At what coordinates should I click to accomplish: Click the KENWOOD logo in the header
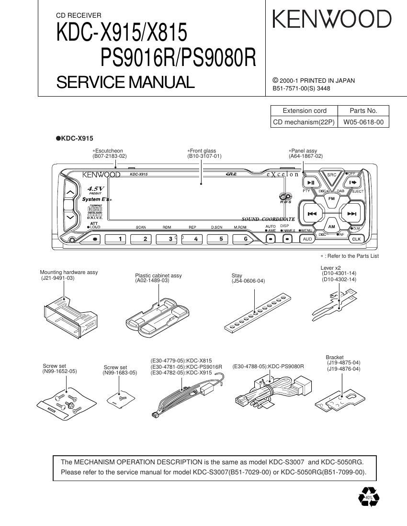[x=332, y=20]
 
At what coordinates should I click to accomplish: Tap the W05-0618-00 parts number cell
[x=363, y=122]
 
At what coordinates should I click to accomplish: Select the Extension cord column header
[x=305, y=110]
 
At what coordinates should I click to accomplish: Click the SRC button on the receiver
[x=331, y=175]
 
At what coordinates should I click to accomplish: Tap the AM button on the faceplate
[x=331, y=227]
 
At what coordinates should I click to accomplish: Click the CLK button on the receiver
[x=356, y=239]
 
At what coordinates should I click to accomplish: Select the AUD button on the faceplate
[x=307, y=239]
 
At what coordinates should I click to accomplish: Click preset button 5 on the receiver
[x=221, y=239]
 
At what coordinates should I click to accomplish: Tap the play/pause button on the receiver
[x=310, y=182]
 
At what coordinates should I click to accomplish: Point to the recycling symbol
[x=368, y=497]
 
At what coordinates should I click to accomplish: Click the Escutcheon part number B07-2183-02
[x=110, y=156]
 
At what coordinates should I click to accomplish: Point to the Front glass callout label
[x=203, y=151]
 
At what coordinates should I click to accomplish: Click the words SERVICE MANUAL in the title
[x=125, y=82]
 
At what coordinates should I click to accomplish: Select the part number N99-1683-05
[x=119, y=373]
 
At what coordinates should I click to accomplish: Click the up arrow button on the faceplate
[x=69, y=192]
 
